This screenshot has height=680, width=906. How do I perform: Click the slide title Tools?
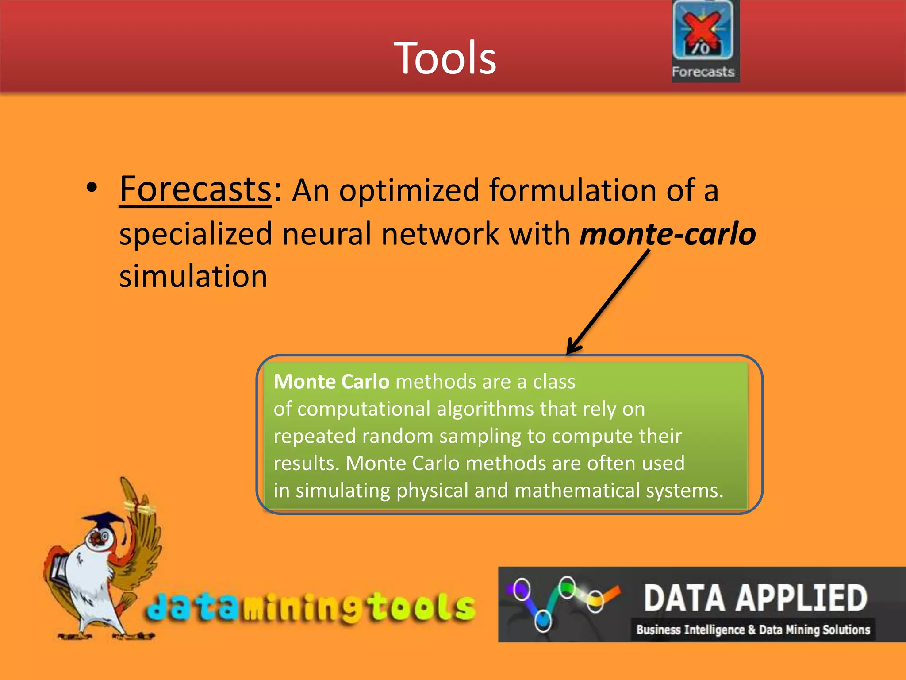pyautogui.click(x=445, y=58)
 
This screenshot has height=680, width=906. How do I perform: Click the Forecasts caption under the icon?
pyautogui.click(x=703, y=72)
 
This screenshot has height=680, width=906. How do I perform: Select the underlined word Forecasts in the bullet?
pyautogui.click(x=196, y=189)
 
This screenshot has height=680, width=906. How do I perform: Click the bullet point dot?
pyautogui.click(x=92, y=188)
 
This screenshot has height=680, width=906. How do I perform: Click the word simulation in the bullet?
pyautogui.click(x=193, y=276)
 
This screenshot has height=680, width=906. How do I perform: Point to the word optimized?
pyautogui.click(x=409, y=190)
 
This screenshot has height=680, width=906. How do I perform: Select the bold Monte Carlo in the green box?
pyautogui.click(x=331, y=382)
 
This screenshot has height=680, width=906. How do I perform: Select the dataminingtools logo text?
pyautogui.click(x=311, y=607)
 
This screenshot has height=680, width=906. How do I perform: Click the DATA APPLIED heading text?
pyautogui.click(x=755, y=598)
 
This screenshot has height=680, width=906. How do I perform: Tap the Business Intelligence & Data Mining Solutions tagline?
pyautogui.click(x=753, y=630)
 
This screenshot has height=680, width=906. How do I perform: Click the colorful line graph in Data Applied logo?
pyautogui.click(x=562, y=600)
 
